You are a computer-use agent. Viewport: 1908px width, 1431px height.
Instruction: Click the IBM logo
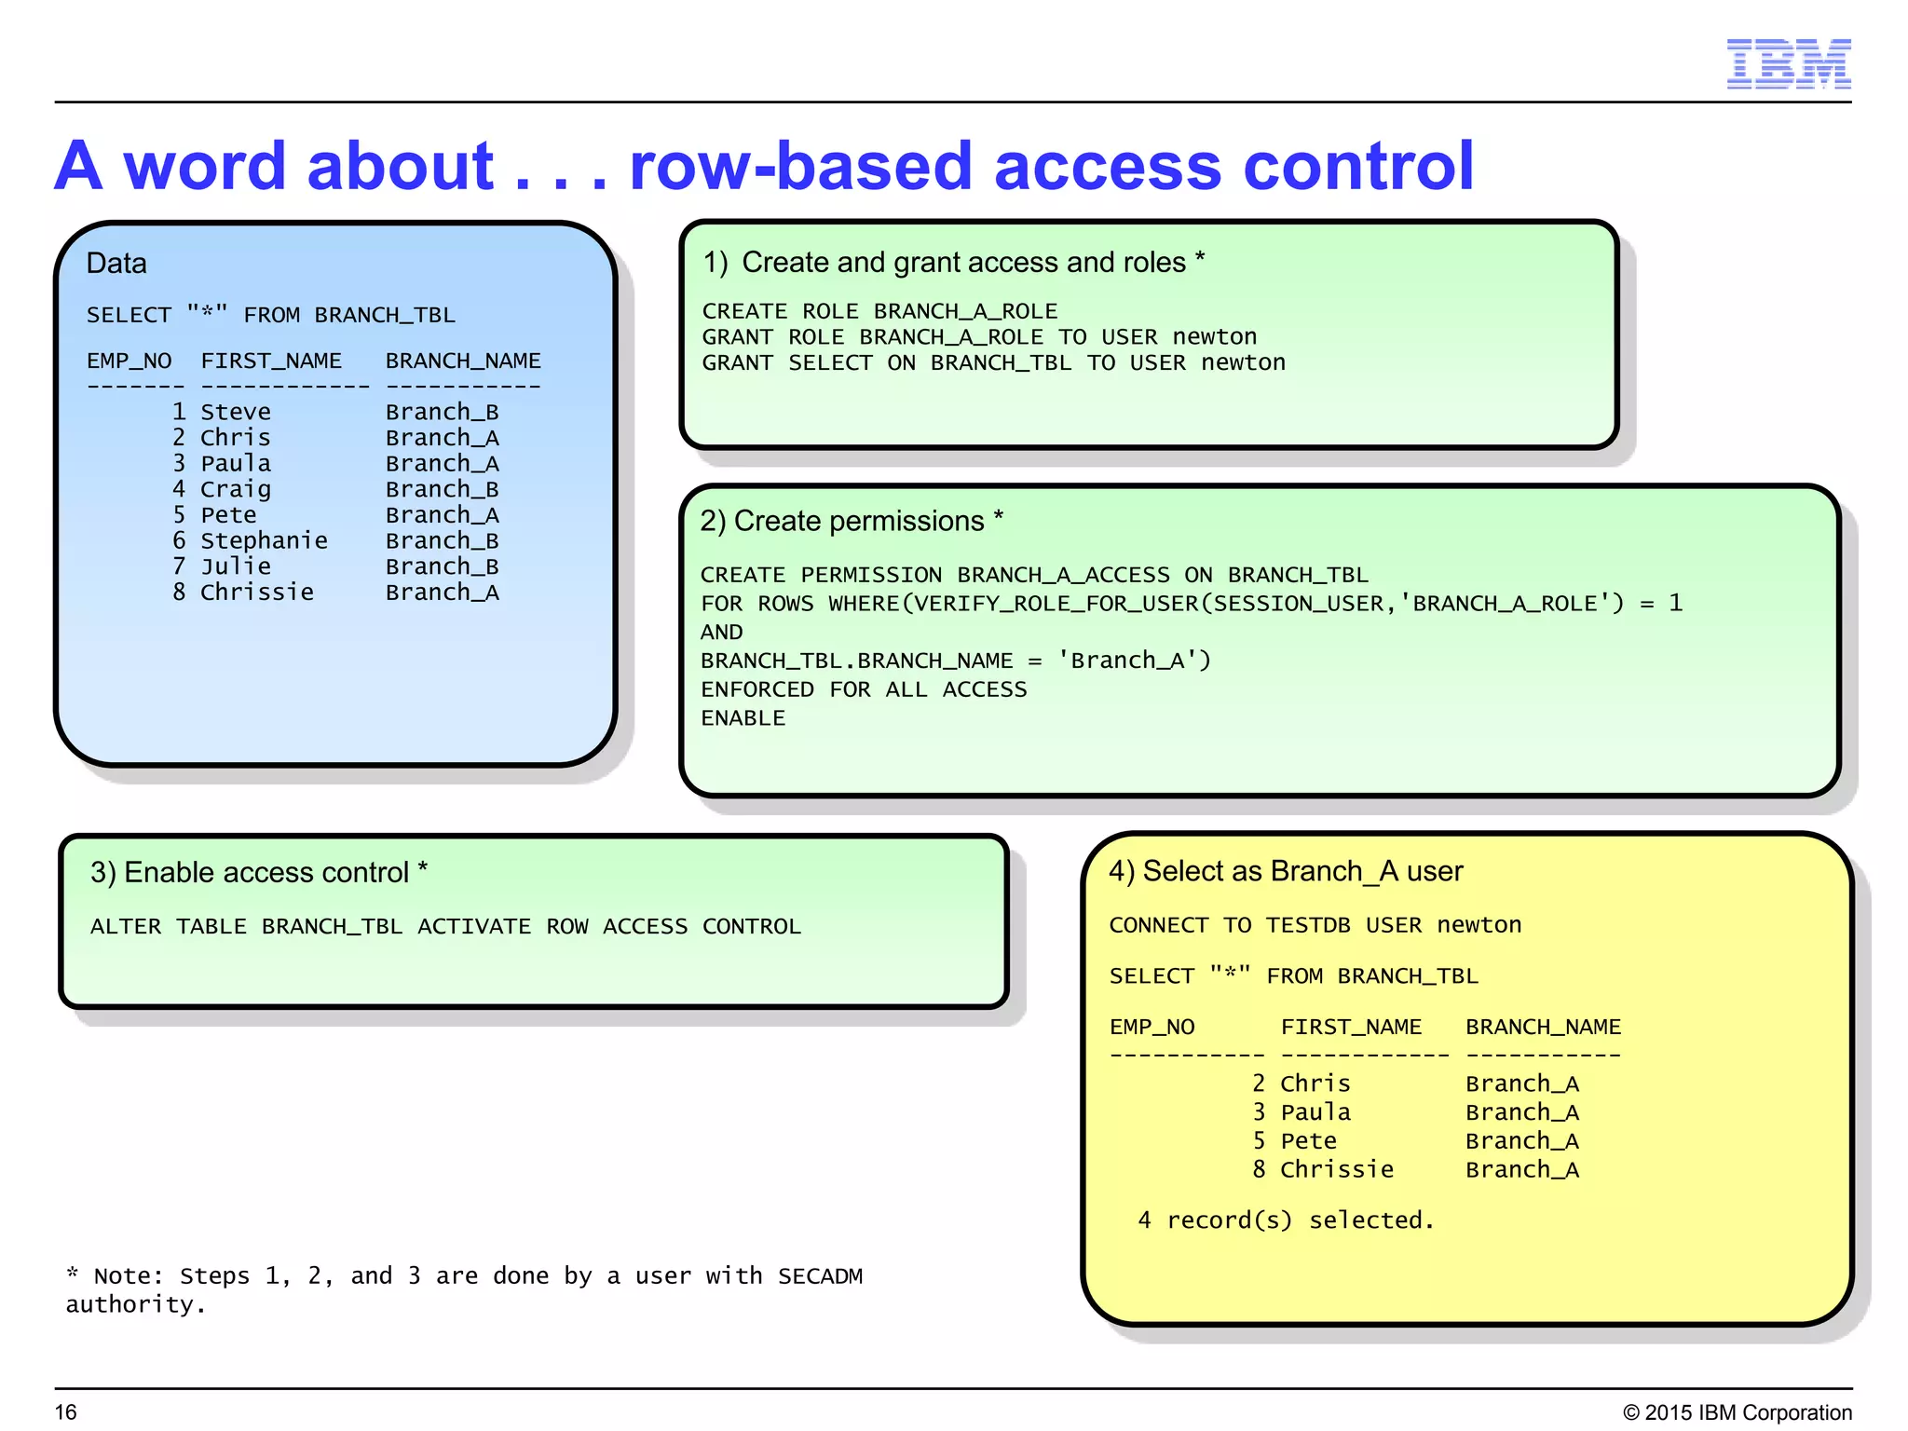(1788, 63)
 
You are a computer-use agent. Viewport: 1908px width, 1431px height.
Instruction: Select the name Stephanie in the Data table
(264, 540)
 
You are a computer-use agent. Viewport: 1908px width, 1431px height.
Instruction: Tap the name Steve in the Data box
(235, 412)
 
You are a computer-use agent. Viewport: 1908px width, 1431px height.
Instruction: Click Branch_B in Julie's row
(442, 566)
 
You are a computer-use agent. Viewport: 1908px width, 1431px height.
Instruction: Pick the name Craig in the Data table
(235, 489)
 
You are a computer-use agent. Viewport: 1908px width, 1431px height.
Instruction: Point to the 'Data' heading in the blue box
(116, 264)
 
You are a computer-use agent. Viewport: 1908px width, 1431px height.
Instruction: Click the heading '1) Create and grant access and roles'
(953, 263)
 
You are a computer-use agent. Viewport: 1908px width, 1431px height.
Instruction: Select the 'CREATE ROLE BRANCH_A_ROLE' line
(879, 311)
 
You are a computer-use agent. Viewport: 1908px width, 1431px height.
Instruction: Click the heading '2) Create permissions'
(851, 521)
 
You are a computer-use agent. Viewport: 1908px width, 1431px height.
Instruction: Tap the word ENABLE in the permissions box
(743, 718)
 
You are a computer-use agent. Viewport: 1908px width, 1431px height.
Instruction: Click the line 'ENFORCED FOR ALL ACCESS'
(864, 689)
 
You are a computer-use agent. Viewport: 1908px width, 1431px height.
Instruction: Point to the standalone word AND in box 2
(721, 633)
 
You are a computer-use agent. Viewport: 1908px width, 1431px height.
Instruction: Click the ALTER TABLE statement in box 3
(445, 927)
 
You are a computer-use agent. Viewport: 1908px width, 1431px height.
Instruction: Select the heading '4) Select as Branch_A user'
(1286, 871)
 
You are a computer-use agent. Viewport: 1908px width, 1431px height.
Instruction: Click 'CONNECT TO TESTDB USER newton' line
(1315, 925)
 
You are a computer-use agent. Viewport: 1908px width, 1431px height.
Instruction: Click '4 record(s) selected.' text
(1286, 1220)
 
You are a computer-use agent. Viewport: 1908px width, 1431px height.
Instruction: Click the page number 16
(65, 1412)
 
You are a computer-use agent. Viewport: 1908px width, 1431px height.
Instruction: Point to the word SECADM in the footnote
(820, 1276)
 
